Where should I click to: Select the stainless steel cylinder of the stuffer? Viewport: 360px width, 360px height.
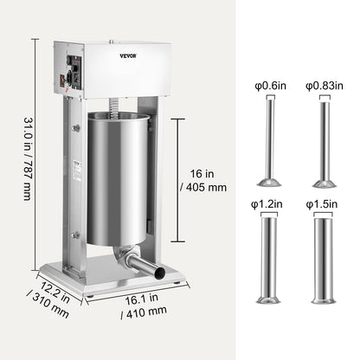118,186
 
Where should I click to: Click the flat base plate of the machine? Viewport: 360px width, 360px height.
130,281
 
